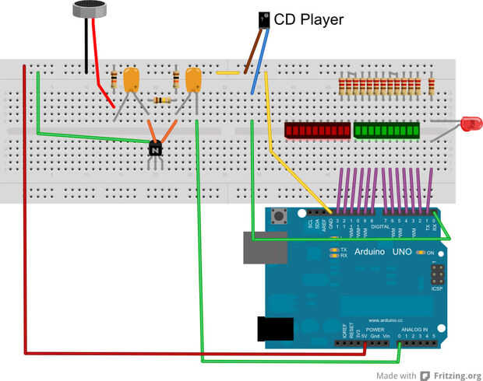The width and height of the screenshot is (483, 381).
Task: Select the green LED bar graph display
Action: click(x=386, y=130)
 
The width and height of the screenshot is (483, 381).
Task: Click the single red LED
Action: click(x=470, y=123)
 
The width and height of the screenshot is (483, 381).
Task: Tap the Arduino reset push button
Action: click(x=296, y=215)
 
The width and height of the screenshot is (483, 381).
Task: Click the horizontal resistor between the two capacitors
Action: click(x=162, y=100)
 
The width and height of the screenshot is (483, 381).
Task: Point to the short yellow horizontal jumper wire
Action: click(x=227, y=73)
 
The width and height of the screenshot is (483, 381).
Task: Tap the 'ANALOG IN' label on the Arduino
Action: click(x=414, y=330)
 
